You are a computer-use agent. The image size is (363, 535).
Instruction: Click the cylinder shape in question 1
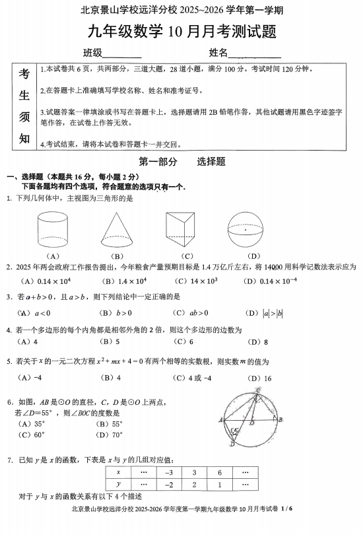[x=53, y=229]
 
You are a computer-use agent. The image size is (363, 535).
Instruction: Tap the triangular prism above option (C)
[x=186, y=229]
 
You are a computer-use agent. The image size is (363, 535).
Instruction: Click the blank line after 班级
[x=122, y=54]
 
